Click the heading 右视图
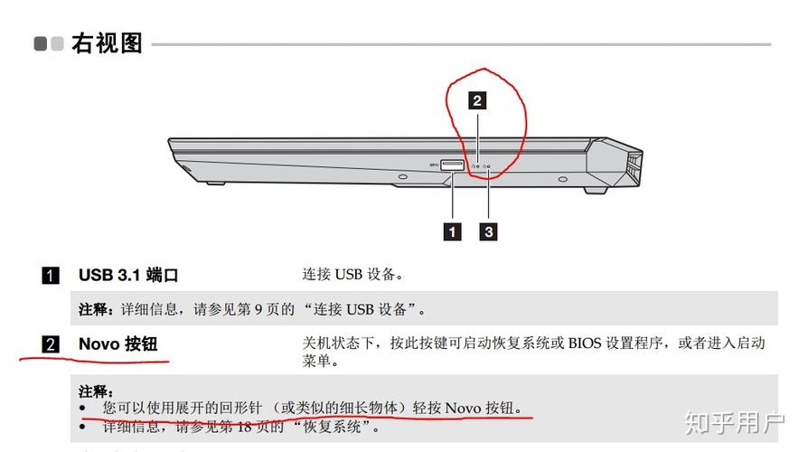[x=108, y=42]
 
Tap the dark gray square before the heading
[x=41, y=43]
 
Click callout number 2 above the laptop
[x=477, y=100]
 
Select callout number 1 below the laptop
[x=451, y=231]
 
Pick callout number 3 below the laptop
[x=488, y=231]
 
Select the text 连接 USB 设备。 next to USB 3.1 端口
[x=352, y=274]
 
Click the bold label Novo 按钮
[x=117, y=344]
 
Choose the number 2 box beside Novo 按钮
[x=51, y=344]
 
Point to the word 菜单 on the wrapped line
[x=315, y=362]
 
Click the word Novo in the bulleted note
[x=465, y=409]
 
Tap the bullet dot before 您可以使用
[x=83, y=409]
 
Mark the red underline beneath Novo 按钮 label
[x=95, y=361]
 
